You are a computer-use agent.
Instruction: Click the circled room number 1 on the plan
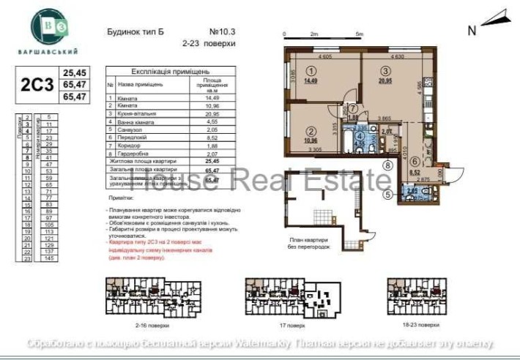click(311, 72)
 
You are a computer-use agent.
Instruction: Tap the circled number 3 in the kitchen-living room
click(384, 71)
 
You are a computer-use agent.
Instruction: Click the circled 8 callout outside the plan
click(387, 167)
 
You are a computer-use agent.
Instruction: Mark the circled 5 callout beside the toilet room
click(387, 194)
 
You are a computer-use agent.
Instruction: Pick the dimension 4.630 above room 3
click(398, 55)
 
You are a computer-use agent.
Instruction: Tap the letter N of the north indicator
click(472, 30)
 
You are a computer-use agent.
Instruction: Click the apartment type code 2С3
click(37, 84)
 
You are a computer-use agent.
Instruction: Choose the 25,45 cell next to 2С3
click(75, 73)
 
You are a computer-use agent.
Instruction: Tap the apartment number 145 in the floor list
click(51, 258)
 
